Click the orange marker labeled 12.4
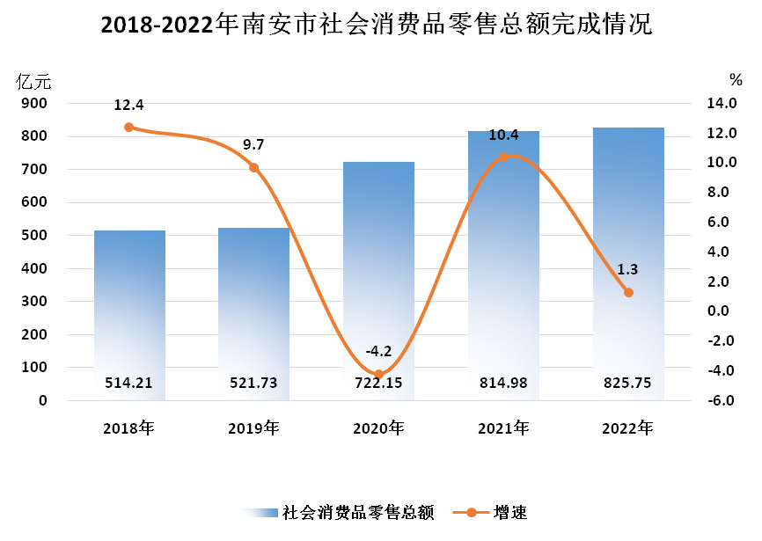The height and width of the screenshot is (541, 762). [128, 127]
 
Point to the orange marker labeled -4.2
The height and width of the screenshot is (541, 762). [379, 375]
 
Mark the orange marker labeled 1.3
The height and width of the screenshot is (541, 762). [628, 292]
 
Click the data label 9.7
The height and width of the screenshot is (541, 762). [253, 144]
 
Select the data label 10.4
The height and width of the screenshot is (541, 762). [503, 135]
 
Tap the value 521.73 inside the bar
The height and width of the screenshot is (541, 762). [253, 384]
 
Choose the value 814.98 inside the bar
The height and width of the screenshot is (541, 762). [503, 384]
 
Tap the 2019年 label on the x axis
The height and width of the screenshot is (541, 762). [253, 429]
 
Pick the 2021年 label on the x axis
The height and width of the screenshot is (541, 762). [503, 429]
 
